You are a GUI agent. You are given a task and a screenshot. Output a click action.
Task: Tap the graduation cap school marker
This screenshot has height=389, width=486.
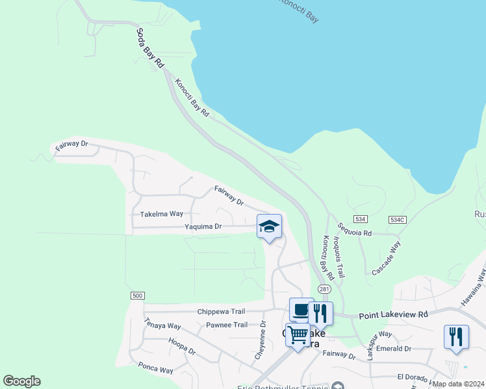[269, 227]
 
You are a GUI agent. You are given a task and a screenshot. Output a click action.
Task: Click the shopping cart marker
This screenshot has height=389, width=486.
[298, 335]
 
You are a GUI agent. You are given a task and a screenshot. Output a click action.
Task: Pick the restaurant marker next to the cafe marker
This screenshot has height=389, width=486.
[320, 313]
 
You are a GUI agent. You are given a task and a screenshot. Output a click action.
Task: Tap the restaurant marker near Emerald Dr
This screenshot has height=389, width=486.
[456, 336]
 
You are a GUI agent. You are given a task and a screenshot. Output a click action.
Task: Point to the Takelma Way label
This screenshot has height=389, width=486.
[162, 213]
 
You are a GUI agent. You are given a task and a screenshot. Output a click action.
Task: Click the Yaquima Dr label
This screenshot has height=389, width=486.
[203, 227]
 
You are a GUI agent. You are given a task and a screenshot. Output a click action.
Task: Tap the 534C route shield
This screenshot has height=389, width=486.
[398, 220]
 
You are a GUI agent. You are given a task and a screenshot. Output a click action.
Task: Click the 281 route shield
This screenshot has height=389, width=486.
[323, 288]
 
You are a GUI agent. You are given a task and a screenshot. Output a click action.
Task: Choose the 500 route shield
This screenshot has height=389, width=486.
[136, 296]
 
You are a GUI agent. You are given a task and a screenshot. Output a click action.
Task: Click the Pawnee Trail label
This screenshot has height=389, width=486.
[227, 325]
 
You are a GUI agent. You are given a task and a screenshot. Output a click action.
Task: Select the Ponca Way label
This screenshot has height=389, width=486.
[156, 368]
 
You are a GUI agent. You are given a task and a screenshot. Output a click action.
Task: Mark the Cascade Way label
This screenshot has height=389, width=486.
[387, 258]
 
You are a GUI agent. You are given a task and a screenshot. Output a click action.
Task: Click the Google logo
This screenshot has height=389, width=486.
[21, 381]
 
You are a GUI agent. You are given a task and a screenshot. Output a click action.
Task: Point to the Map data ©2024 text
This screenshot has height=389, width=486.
[458, 384]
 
